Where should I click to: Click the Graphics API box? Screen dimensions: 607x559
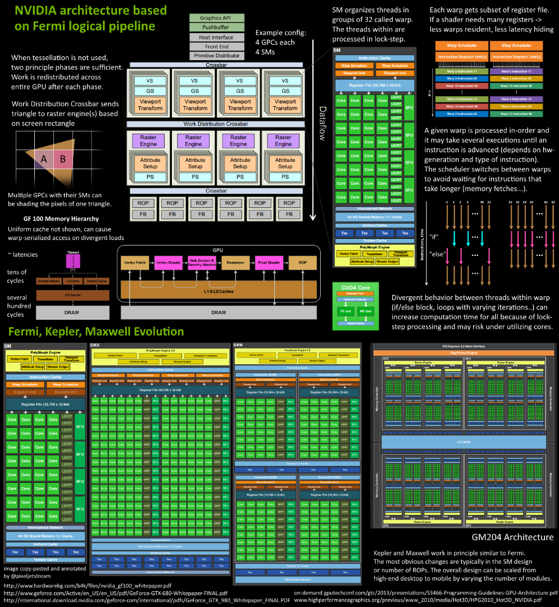pyautogui.click(x=218, y=18)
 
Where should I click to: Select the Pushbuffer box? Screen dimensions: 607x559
pyautogui.click(x=218, y=27)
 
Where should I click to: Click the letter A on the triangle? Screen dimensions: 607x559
pyautogui.click(x=43, y=159)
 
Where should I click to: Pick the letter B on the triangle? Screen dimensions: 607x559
pyautogui.click(x=63, y=159)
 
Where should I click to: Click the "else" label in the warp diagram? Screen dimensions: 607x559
pyautogui.click(x=437, y=253)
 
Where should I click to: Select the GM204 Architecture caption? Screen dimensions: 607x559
pyautogui.click(x=512, y=537)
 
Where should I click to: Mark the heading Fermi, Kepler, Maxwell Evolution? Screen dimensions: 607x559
pyautogui.click(x=96, y=332)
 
